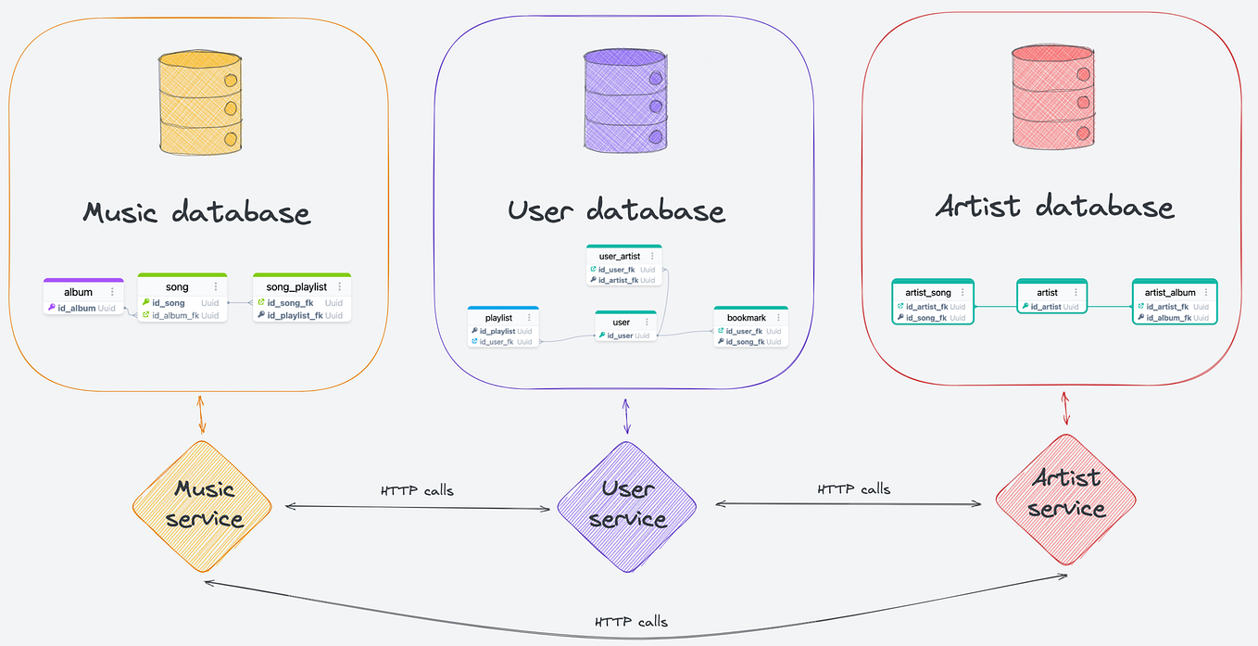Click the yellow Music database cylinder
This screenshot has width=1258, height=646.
point(200,104)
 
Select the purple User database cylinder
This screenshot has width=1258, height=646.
point(626,99)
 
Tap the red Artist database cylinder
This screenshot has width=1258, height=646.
point(1052,96)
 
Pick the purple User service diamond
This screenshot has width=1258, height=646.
point(626,504)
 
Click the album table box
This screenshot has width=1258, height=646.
point(83,298)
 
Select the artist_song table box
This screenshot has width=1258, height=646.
point(933,301)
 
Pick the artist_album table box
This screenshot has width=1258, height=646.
point(1175,301)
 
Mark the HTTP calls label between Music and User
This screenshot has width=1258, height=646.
point(417,490)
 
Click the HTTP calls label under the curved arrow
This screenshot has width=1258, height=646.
point(631,622)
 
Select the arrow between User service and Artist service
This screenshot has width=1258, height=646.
point(848,504)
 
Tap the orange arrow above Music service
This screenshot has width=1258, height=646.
point(202,415)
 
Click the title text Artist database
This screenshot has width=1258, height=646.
point(1054,206)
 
